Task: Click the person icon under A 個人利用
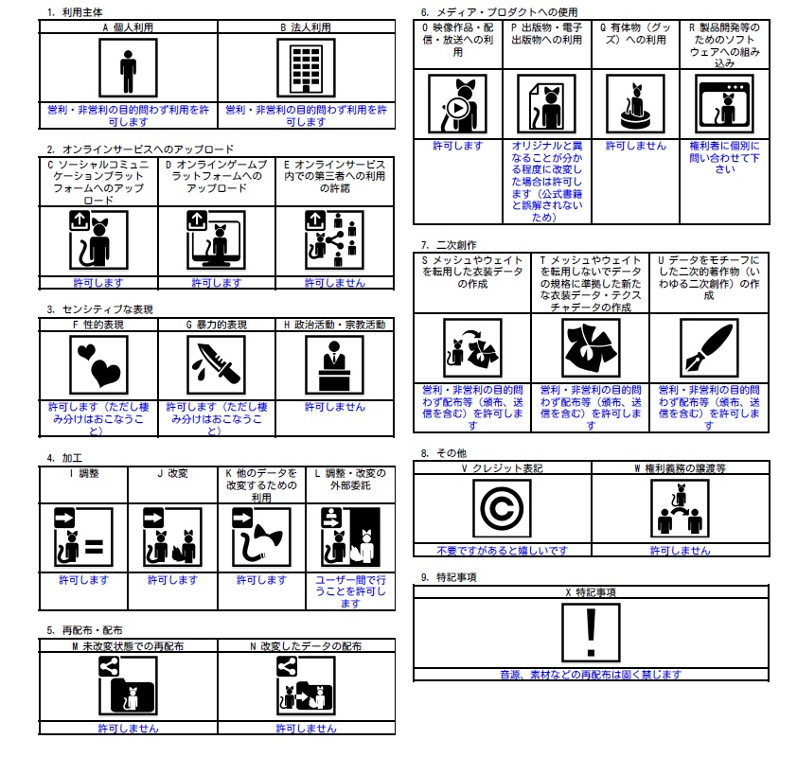pos(128,69)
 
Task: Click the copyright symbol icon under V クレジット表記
pos(502,509)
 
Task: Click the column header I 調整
pos(83,473)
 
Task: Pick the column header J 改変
pos(172,473)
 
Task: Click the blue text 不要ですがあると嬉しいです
pos(502,550)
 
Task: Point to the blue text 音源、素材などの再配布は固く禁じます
pos(591,675)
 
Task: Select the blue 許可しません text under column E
pos(335,283)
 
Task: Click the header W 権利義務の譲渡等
pos(680,468)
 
